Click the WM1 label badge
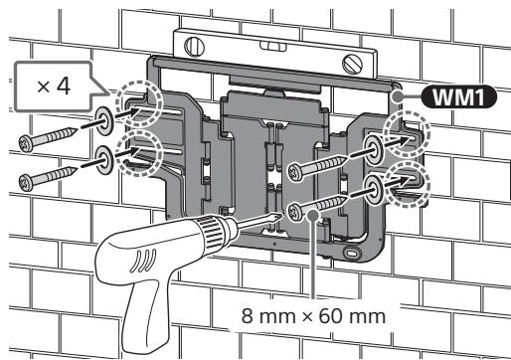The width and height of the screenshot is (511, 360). click(x=458, y=97)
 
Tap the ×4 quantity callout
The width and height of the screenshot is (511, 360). click(x=53, y=87)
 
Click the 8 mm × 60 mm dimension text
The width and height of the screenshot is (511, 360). click(x=313, y=316)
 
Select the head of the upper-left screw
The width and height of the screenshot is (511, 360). click(x=26, y=143)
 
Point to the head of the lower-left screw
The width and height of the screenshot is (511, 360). click(x=26, y=183)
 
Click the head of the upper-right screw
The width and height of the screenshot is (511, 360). click(x=294, y=172)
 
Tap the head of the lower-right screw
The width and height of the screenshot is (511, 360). click(x=294, y=212)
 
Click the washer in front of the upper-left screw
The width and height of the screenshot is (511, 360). click(x=104, y=121)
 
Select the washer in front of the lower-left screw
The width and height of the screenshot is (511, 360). click(x=104, y=160)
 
